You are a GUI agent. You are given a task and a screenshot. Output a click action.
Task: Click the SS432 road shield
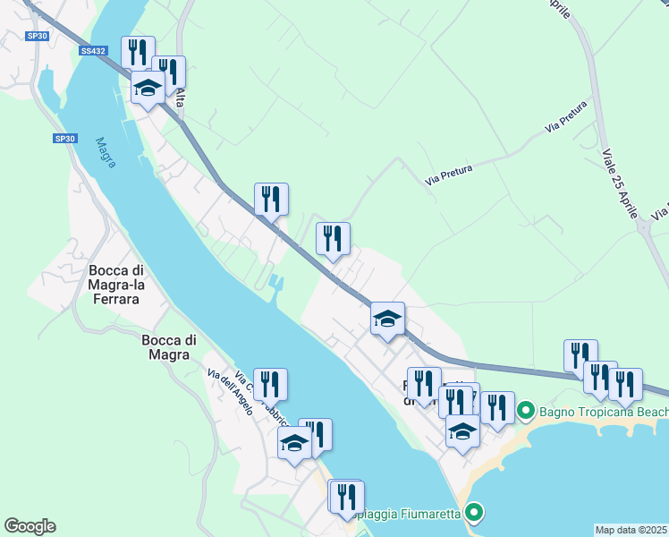(x=91, y=52)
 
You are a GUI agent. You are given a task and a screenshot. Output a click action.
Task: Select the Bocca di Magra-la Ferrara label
(x=114, y=285)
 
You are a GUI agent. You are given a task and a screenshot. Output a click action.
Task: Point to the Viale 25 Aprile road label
(x=619, y=183)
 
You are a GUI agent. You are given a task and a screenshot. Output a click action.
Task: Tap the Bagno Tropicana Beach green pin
(x=525, y=412)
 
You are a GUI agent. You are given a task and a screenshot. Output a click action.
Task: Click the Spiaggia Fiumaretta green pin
(x=474, y=513)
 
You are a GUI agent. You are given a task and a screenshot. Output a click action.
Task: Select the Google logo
(x=30, y=526)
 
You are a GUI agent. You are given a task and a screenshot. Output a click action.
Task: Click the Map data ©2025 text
(x=631, y=530)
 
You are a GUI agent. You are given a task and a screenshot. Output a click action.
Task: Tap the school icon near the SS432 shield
(x=148, y=88)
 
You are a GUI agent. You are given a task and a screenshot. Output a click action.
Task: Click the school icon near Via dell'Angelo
(x=294, y=442)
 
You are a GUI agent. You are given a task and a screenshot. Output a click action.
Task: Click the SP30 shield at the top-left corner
(x=37, y=36)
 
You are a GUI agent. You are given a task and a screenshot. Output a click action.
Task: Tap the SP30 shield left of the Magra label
(x=64, y=139)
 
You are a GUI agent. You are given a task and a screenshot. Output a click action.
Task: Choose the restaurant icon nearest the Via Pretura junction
(x=333, y=238)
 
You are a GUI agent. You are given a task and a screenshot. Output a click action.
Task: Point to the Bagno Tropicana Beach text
(x=603, y=412)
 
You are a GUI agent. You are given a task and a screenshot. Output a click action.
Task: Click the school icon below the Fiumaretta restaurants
(x=462, y=430)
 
